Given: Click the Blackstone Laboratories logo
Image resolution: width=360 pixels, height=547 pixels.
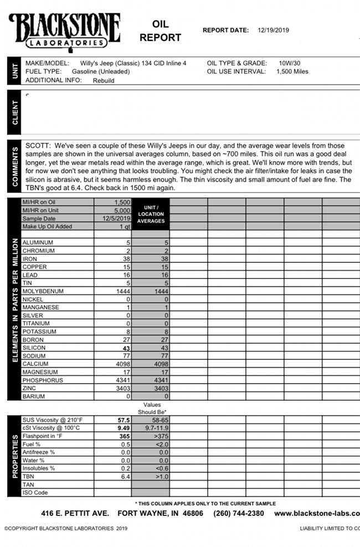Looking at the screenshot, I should click(64, 30).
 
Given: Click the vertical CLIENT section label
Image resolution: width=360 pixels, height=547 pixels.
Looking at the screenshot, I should click(14, 112).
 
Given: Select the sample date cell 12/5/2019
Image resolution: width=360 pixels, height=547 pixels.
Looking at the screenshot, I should click(115, 219).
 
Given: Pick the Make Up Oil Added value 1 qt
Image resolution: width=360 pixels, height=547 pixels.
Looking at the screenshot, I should click(124, 226).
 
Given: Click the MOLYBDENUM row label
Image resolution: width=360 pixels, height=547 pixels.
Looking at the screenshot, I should click(43, 291).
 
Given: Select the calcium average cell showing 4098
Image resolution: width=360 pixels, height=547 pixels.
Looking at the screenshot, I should click(151, 364).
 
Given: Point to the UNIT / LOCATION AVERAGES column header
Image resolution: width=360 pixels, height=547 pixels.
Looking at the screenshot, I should click(151, 214).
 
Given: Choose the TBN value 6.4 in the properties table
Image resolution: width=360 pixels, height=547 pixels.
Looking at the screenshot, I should click(125, 476).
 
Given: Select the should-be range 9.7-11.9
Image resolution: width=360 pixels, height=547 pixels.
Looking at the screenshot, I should click(151, 428).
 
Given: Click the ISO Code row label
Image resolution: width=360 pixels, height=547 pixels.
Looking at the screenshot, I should click(35, 492).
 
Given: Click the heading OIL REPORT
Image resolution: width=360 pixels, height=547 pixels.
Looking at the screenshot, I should click(160, 32).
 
